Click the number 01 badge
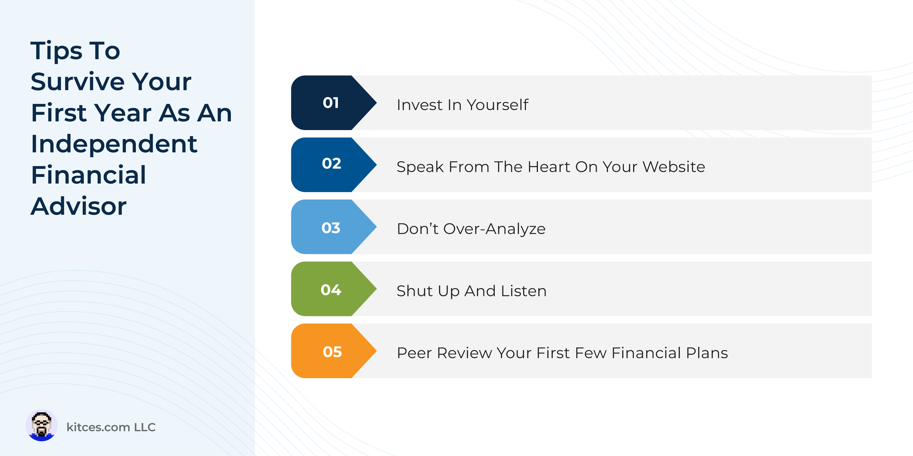(x=330, y=103)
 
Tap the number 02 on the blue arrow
(x=331, y=163)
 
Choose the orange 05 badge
(x=332, y=352)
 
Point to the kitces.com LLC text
(x=111, y=427)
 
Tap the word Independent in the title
(x=114, y=144)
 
